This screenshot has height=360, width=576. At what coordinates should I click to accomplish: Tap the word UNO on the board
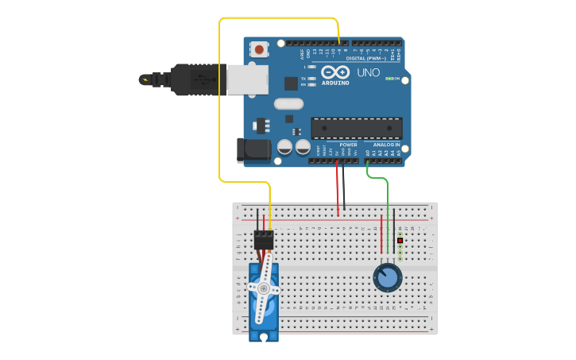point(368,72)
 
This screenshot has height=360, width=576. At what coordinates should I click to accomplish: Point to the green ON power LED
point(390,79)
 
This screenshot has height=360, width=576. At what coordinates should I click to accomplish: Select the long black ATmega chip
point(356,128)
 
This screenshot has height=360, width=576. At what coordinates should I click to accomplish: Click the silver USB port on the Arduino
point(247,79)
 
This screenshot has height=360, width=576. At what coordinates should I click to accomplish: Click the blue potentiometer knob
point(387,277)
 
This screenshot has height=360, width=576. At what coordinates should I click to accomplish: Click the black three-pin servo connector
point(264,239)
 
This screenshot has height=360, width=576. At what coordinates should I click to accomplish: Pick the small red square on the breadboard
point(400,240)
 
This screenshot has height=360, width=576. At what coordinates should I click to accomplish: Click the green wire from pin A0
point(387,199)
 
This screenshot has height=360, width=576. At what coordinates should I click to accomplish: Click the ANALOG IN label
point(386,145)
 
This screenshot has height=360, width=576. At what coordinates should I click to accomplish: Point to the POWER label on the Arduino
point(348,145)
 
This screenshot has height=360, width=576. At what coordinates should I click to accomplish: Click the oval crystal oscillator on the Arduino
point(288,103)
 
